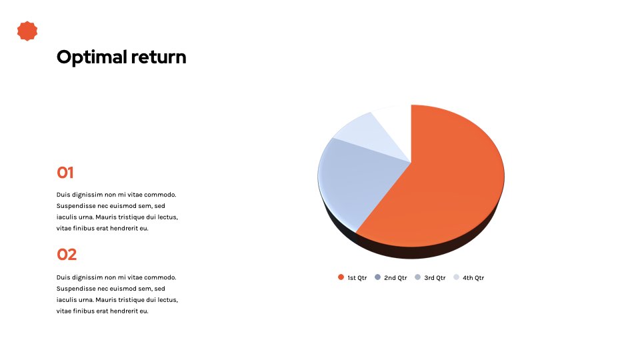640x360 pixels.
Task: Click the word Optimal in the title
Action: (92, 57)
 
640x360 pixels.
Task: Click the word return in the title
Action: (159, 57)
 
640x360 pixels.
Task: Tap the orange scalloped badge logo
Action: (27, 31)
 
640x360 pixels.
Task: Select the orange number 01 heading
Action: (65, 173)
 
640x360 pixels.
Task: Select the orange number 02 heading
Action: (67, 255)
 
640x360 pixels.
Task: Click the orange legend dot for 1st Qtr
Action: (341, 277)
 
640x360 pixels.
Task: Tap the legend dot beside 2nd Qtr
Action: (377, 277)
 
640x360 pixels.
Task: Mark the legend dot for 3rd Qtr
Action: (417, 277)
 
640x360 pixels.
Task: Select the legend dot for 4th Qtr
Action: (456, 277)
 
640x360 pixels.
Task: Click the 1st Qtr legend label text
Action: (357, 278)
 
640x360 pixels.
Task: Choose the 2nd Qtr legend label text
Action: (395, 278)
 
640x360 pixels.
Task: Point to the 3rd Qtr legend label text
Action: (435, 278)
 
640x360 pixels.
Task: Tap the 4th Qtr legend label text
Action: (473, 278)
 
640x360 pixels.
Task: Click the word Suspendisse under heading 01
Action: (76, 206)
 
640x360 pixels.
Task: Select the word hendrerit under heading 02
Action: (124, 311)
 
